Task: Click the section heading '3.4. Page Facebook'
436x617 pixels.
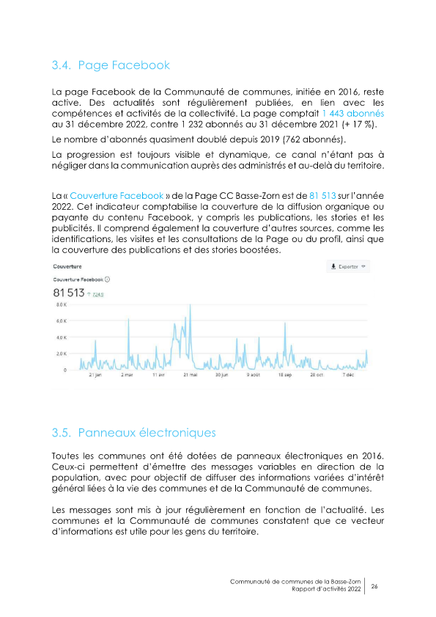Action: [111, 65]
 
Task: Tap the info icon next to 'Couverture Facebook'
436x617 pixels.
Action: [108, 280]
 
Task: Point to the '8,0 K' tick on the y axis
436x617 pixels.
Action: [62, 304]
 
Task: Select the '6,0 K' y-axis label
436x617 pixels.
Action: [62, 321]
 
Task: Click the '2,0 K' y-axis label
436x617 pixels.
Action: [62, 354]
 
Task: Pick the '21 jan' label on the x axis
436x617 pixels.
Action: [95, 375]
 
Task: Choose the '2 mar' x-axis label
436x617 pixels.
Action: [127, 375]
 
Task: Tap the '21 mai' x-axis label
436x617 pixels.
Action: [189, 375]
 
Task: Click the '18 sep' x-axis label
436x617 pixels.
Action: [285, 375]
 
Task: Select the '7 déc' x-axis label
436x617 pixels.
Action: [348, 375]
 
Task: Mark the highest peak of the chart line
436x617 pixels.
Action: [190, 305]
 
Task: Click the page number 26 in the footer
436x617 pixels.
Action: [374, 586]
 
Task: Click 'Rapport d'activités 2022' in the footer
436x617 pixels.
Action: [326, 590]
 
